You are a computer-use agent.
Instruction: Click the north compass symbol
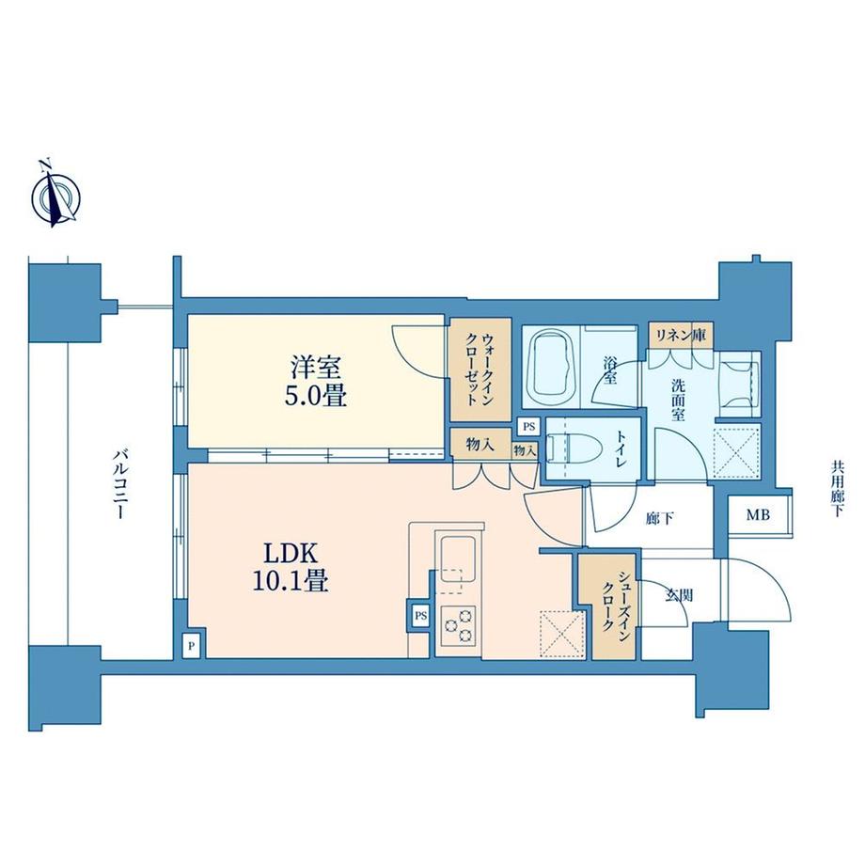(x=55, y=197)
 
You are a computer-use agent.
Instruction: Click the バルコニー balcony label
(x=120, y=486)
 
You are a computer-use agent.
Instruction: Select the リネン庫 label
(x=681, y=334)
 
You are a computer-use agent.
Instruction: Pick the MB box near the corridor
(x=757, y=515)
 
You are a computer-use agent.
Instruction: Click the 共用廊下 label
(x=837, y=488)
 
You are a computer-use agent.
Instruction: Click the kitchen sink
(x=459, y=555)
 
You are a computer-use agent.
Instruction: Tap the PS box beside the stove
(x=419, y=616)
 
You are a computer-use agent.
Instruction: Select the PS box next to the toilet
(x=528, y=426)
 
